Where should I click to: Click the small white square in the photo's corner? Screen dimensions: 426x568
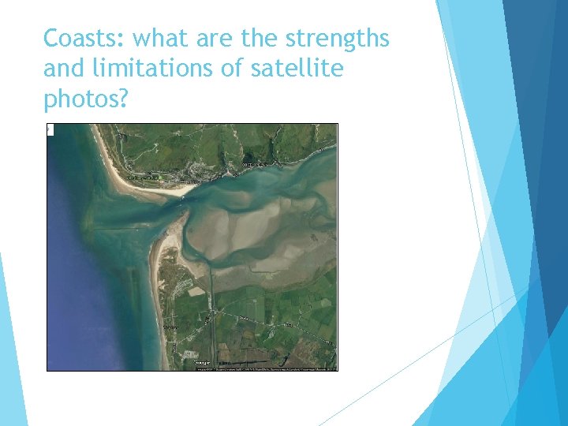tap(50, 129)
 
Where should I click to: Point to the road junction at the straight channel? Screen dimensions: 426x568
tap(211, 312)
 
